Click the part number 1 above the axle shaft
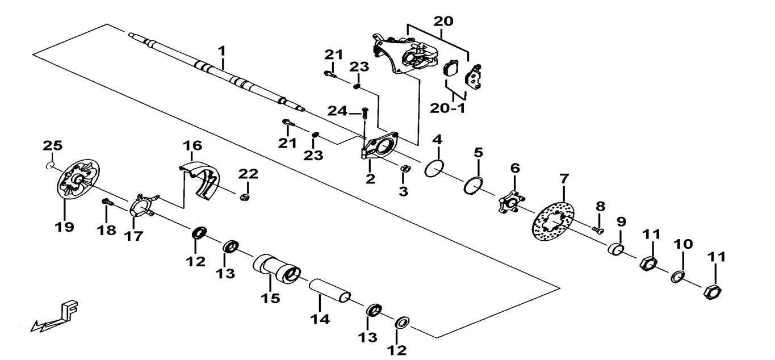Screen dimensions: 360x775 click(x=221, y=52)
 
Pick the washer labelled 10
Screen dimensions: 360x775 click(x=677, y=277)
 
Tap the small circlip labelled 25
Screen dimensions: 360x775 click(x=50, y=165)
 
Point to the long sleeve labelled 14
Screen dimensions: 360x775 click(x=330, y=291)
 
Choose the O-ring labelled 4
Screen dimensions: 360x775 click(x=435, y=169)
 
